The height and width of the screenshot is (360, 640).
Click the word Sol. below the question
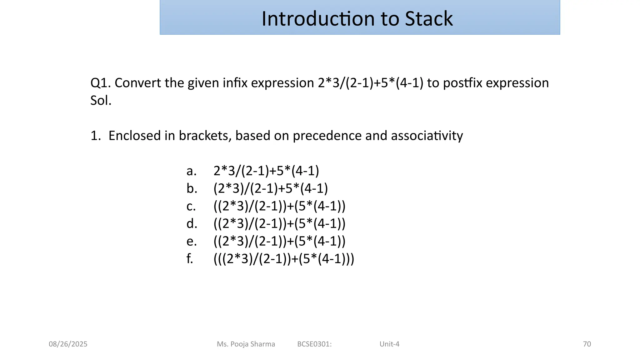pos(101,101)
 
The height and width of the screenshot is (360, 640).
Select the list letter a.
pos(191,171)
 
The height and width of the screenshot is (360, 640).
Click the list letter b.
pos(192,189)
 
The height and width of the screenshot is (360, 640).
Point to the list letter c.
pos(191,207)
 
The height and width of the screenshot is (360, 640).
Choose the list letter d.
pos(192,224)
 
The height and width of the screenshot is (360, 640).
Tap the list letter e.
pos(191,242)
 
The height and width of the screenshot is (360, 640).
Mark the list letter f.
pos(190,259)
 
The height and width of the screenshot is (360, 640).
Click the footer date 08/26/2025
pos(68,344)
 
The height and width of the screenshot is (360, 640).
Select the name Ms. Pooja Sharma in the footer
pos(246,344)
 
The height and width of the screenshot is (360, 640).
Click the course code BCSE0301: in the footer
pos(314,344)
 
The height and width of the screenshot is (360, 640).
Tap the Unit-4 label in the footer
pos(389,344)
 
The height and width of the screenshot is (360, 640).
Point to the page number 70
pos(587,344)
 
